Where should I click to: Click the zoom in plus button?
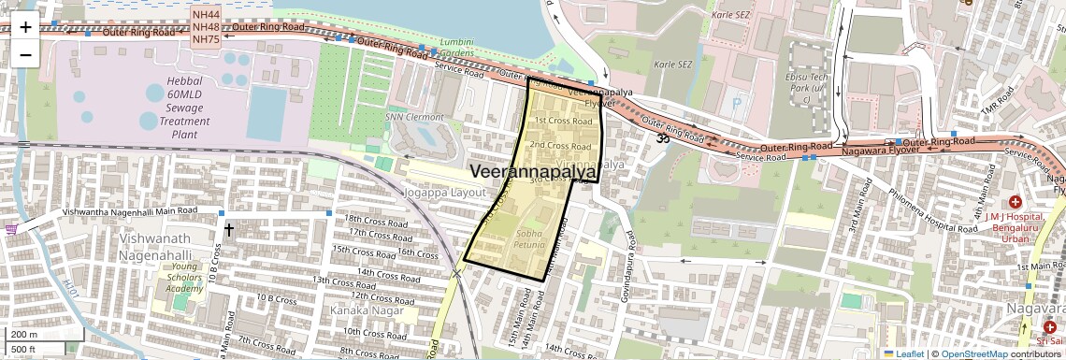click(25, 26)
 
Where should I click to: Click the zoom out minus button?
click(25, 54)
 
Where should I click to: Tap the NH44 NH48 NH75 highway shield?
click(206, 27)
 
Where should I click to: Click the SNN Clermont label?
click(414, 117)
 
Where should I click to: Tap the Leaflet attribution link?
click(904, 353)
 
